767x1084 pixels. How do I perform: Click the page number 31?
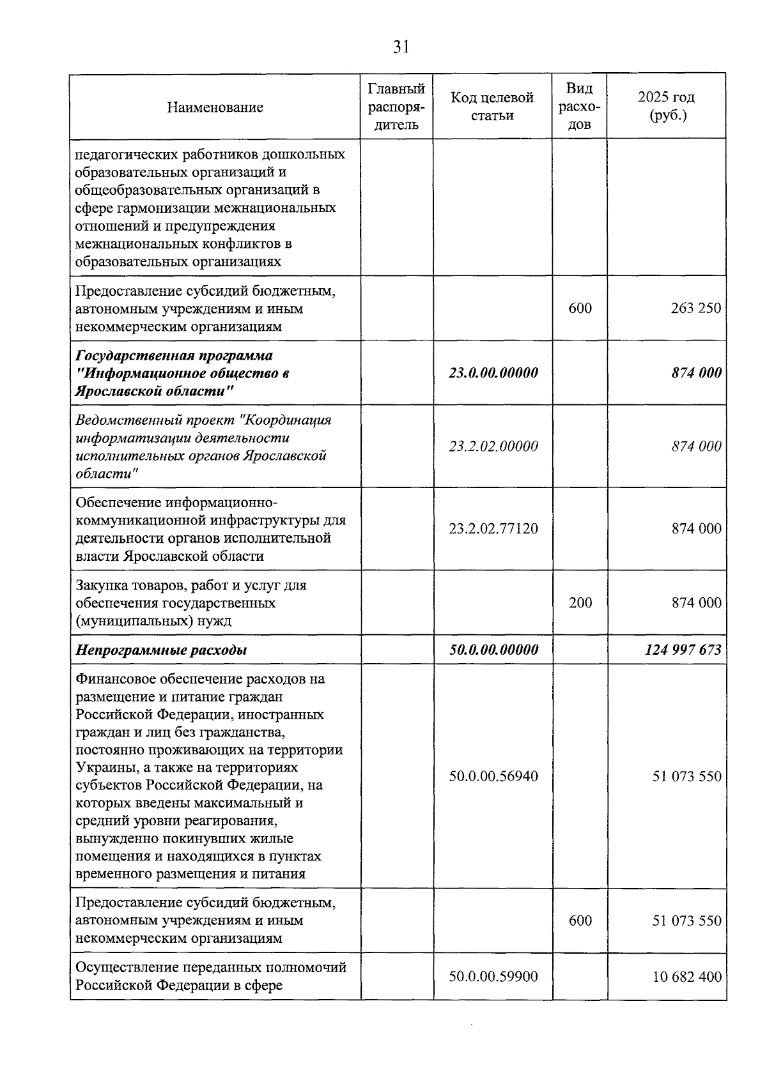coord(401,47)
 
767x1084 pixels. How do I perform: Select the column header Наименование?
coord(215,107)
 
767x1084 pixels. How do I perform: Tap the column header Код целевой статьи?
coord(492,106)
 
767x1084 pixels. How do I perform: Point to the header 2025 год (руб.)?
coord(666,106)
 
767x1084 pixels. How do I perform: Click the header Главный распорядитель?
coord(397,106)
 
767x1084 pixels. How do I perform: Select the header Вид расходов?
coord(580,106)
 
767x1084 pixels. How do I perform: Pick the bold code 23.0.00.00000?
coord(493,373)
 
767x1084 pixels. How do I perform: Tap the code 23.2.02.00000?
coord(493,447)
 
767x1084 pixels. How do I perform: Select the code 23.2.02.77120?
coord(493,529)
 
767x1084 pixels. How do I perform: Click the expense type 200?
coord(580,603)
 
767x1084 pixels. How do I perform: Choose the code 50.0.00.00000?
coord(493,650)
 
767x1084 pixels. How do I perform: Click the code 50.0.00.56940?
coord(493,777)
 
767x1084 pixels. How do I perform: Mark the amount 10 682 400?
coord(686,977)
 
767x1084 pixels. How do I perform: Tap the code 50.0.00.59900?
coord(493,977)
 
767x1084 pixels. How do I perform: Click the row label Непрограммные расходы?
coord(161,650)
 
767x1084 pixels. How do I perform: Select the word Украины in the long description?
coord(99,767)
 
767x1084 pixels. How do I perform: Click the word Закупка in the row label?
coord(100,585)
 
